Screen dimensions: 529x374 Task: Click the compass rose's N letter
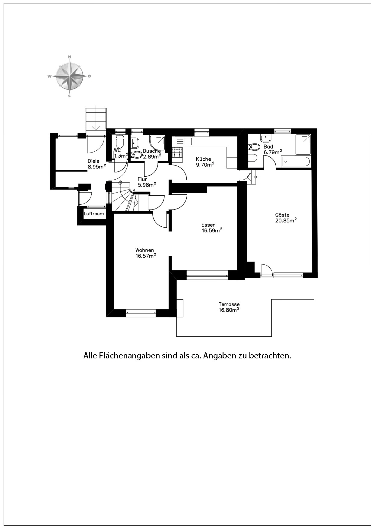(x=70, y=57)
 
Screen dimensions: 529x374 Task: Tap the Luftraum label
(x=94, y=214)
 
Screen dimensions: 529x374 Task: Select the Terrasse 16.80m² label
(x=229, y=307)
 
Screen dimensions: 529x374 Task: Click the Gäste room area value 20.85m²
(x=286, y=220)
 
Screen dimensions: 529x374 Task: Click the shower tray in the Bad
(x=303, y=144)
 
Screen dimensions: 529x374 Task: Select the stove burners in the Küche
(x=177, y=152)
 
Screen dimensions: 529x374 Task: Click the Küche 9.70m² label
(x=205, y=162)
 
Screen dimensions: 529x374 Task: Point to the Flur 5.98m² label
(x=146, y=182)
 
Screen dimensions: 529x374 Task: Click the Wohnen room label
(x=145, y=250)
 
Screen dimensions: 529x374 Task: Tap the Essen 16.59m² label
(x=212, y=228)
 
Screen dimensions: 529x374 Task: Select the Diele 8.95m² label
(x=96, y=164)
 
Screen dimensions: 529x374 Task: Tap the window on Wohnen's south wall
(x=141, y=313)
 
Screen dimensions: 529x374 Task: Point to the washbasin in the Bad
(x=266, y=138)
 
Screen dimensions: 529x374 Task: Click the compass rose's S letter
(x=69, y=96)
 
